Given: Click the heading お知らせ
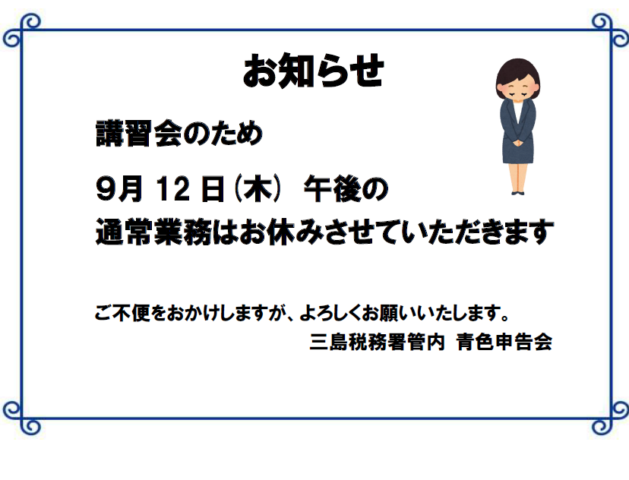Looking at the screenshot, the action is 313,71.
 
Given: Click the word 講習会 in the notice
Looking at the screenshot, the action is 139,134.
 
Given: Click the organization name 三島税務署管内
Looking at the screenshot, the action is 377,342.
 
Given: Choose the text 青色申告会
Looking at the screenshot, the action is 504,342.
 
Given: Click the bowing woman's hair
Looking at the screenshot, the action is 517,71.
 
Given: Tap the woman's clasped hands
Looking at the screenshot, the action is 518,142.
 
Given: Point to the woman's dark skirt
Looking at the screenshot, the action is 518,153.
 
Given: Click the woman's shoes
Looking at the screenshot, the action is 518,193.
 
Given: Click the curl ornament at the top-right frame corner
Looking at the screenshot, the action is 610,30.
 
